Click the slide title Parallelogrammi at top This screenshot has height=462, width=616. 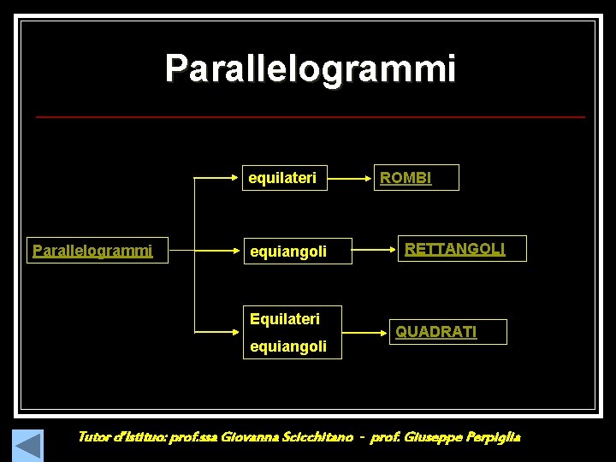(x=311, y=68)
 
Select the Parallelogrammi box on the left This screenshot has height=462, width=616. (x=96, y=251)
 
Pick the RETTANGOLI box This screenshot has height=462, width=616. (x=464, y=249)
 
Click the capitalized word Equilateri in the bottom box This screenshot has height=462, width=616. (x=285, y=319)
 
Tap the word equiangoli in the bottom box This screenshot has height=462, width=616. (x=288, y=346)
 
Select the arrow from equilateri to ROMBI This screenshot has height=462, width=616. (x=351, y=179)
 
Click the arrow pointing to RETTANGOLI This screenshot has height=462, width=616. (x=373, y=251)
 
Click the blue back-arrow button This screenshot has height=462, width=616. (x=28, y=445)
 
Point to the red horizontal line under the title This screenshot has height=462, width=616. (x=311, y=116)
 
